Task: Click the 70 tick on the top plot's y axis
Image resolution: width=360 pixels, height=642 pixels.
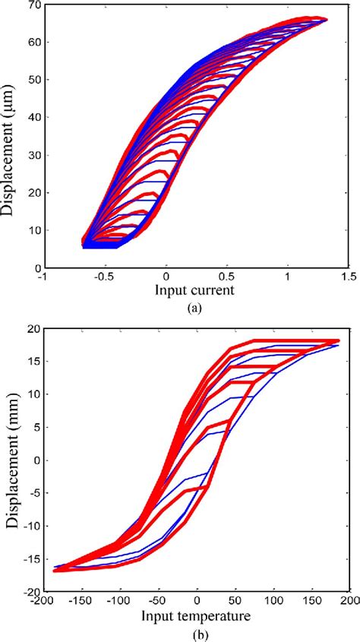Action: pos(35,5)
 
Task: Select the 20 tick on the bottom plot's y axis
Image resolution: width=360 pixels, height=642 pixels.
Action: pos(33,328)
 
